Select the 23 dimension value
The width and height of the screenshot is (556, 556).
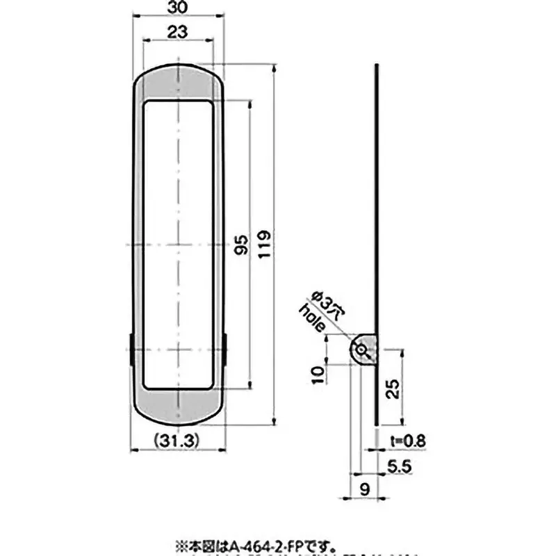coord(177,31)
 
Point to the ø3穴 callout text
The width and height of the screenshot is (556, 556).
coord(327,304)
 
